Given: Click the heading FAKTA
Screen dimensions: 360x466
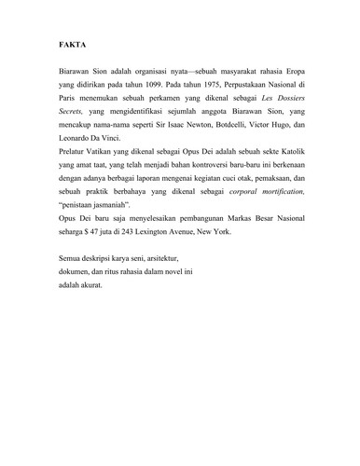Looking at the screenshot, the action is [61, 45].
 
